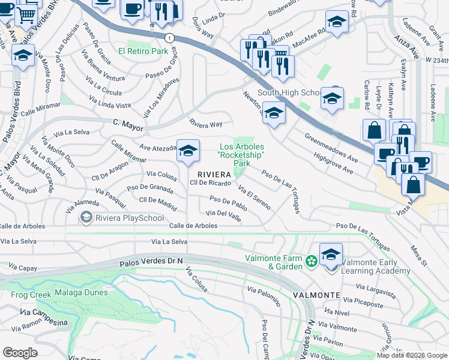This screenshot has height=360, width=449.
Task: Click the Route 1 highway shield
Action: (170, 37)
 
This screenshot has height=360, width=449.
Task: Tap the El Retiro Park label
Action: (143, 52)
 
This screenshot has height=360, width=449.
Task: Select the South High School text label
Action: (289, 92)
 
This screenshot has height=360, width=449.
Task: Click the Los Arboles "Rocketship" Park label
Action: (242, 155)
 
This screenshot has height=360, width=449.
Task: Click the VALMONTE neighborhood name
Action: (316, 296)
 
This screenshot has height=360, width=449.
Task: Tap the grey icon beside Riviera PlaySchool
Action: (87, 217)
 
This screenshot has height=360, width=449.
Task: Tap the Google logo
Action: (20, 352)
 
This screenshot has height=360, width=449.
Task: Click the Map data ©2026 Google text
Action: (411, 355)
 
